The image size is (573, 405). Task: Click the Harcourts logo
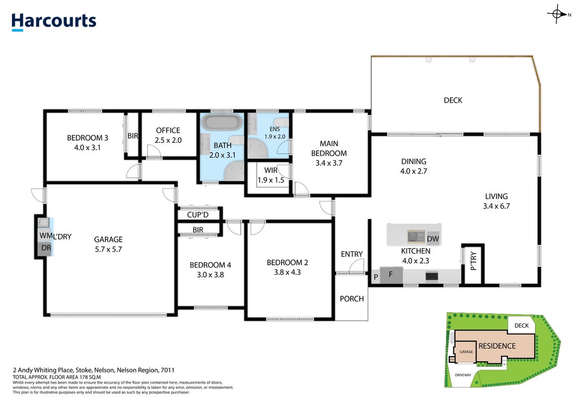coord(54,22)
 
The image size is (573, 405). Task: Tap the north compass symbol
coord(558,14)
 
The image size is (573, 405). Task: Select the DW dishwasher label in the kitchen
coord(433,239)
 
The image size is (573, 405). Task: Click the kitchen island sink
coord(416,236)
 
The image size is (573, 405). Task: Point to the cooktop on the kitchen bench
coord(432,276)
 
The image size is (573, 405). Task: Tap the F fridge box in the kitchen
coord(391,274)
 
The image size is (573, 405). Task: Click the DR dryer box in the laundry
coord(46,249)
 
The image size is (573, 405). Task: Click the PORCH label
coord(352,299)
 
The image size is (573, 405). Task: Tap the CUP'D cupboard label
coord(198,215)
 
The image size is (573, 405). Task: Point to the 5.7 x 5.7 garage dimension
coord(108,249)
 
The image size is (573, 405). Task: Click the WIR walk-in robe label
coord(271,170)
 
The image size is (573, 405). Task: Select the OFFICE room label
coord(168,131)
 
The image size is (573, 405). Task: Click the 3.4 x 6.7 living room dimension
coord(496,206)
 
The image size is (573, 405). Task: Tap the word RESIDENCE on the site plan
coord(497,346)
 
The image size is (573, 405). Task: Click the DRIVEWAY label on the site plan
coord(463,375)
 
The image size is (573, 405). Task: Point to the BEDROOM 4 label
coord(210,265)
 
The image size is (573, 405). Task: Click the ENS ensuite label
coord(275,129)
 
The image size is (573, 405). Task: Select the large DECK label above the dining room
coord(453,100)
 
